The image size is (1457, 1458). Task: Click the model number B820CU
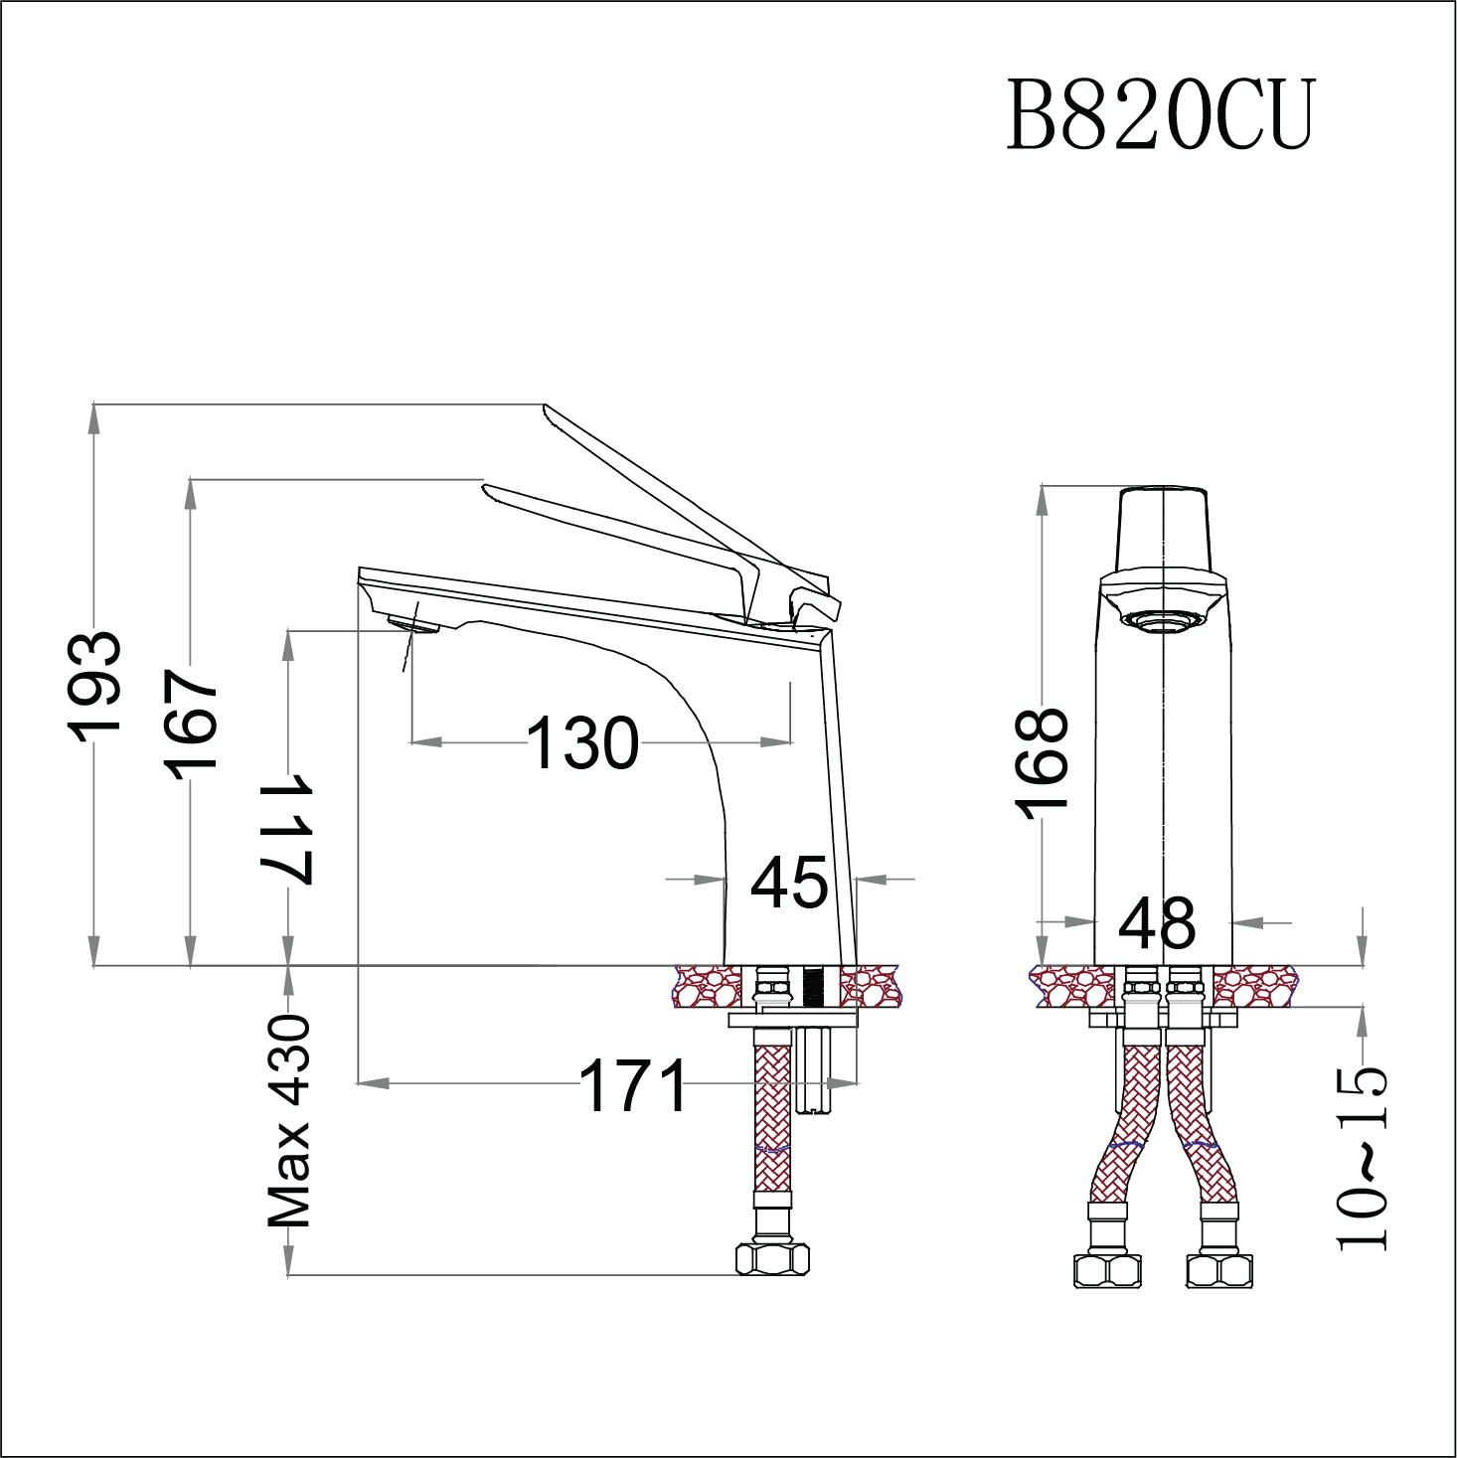[1161, 115]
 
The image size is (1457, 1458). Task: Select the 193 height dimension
[95, 686]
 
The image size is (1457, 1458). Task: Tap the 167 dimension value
[191, 724]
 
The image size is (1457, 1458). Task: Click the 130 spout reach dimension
[582, 743]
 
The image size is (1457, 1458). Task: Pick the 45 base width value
[789, 883]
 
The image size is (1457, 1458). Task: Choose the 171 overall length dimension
[633, 1085]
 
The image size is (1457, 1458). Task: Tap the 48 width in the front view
[1157, 923]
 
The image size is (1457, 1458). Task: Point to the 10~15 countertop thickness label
[1362, 1158]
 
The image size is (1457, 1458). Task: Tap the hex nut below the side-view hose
[772, 1259]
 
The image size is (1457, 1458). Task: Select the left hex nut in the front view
[1107, 1271]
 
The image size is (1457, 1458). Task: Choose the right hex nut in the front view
[1219, 1271]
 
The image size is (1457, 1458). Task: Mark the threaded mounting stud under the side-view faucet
[814, 1073]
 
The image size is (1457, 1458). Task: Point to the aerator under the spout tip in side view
[413, 624]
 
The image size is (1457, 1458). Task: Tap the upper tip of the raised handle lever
[546, 407]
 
